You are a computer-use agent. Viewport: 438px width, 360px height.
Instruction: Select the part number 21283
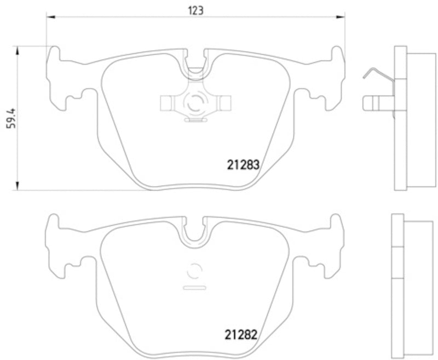[243, 164]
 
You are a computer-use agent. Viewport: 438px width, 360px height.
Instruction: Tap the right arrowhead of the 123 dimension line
[342, 18]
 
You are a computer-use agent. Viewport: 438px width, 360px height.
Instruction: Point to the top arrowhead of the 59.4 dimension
[18, 49]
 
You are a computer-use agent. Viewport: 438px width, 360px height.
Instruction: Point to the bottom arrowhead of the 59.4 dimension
[18, 187]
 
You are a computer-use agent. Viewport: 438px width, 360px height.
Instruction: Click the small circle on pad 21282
[195, 271]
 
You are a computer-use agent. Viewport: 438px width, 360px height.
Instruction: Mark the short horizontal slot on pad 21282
[195, 287]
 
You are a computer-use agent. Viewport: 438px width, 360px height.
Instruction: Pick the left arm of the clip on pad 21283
[168, 101]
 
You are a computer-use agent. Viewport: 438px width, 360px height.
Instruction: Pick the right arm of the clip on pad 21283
[223, 101]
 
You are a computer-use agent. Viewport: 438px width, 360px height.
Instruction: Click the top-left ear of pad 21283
[54, 55]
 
